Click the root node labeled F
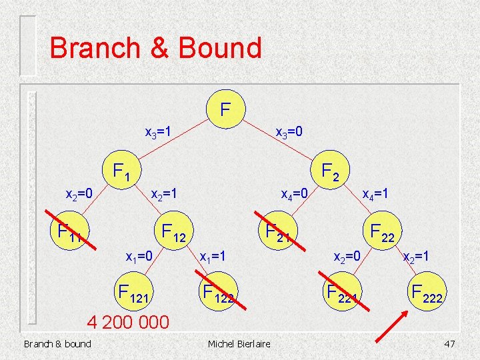click(x=226, y=107)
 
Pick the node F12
click(x=174, y=232)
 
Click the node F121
click(x=135, y=291)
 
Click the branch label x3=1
click(x=159, y=132)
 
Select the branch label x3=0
click(x=289, y=132)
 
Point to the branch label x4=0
click(x=294, y=195)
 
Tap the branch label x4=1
click(x=375, y=195)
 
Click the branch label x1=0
click(x=140, y=256)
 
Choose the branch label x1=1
click(x=213, y=256)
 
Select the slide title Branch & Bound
click(x=155, y=48)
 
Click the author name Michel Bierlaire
click(x=239, y=343)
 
